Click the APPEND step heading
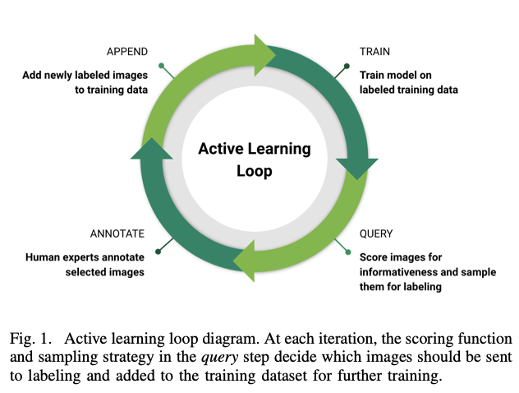126,52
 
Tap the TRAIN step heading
374,52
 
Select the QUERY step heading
376,233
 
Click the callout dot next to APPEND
162,64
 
